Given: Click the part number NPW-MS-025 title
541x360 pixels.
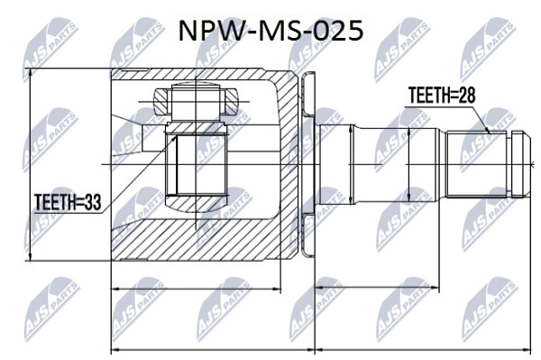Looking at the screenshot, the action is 270,31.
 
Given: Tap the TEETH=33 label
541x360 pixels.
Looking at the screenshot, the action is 68,202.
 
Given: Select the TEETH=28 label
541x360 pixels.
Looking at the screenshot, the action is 442,95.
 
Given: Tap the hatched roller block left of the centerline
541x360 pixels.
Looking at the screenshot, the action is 162,102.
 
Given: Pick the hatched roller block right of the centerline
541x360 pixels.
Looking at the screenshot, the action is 229,102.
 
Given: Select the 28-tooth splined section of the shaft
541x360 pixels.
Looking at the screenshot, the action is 477,164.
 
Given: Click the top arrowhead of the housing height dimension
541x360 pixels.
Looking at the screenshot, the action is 31,72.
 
